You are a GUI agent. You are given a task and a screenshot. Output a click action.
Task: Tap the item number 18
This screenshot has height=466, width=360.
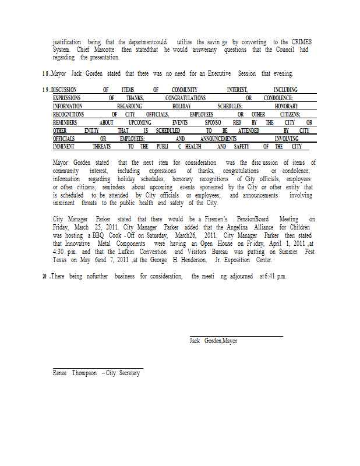[45, 74]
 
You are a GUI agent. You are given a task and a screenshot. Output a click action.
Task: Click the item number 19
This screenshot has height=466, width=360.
[45, 90]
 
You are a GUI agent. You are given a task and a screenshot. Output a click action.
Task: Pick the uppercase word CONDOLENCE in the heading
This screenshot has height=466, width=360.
[278, 98]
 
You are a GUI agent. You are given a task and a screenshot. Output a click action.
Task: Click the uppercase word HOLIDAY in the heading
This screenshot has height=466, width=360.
[182, 107]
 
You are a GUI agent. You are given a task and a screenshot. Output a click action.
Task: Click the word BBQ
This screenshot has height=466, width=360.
[95, 235]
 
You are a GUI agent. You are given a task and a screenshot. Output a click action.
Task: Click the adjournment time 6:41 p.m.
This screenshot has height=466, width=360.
[273, 276]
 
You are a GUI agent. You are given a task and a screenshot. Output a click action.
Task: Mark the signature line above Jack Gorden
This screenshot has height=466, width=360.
[236, 336]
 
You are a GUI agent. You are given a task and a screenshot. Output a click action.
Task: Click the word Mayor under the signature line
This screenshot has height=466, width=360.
[230, 341]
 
